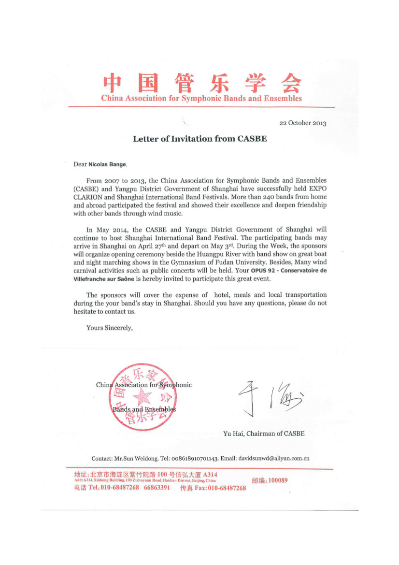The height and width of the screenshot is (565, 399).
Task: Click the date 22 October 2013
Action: coord(303,123)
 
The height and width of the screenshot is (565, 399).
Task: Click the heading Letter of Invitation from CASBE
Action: coord(200,139)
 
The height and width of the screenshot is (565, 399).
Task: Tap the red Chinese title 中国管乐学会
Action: coord(202,82)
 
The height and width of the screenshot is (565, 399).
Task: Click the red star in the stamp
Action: coord(142,397)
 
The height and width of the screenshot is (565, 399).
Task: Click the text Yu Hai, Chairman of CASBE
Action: coord(264,434)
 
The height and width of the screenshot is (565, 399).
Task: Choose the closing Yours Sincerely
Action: coord(109,328)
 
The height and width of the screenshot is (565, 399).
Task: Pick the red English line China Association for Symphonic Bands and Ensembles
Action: coord(201,99)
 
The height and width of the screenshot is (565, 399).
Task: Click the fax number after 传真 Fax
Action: coord(227,488)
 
